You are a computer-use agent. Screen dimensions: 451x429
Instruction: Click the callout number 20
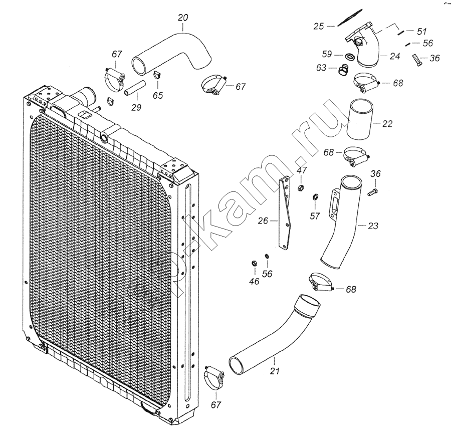183,18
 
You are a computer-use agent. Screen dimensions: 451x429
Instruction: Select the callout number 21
275,371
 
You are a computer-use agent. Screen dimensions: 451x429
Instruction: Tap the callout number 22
387,124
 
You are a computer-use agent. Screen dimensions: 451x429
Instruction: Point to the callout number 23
373,226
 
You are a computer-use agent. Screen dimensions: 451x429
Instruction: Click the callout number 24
395,56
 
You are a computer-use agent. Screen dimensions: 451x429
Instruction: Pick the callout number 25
319,27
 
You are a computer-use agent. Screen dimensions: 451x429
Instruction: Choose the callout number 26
263,221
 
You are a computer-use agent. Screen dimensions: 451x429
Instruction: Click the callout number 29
136,107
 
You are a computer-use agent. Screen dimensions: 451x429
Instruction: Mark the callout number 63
321,68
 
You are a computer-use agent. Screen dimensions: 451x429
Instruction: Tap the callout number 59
327,54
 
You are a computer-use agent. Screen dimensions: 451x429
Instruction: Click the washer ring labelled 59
349,56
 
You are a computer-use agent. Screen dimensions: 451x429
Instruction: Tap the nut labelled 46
254,263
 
